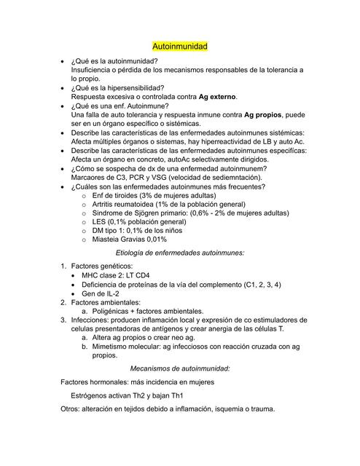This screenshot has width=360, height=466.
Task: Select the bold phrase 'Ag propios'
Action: tap(266, 115)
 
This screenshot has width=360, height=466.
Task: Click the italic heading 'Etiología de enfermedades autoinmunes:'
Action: tap(179, 252)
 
